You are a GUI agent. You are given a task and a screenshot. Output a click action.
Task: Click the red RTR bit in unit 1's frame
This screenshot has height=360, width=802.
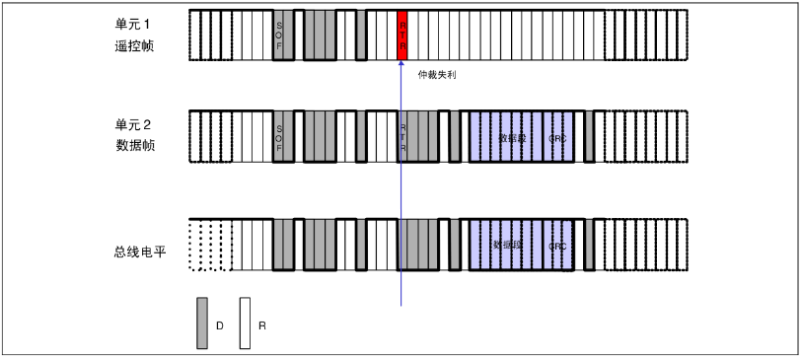402,36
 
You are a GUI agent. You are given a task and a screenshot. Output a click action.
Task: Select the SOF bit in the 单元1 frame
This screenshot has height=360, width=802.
280,36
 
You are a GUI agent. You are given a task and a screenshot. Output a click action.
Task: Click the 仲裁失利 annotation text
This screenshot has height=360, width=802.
438,74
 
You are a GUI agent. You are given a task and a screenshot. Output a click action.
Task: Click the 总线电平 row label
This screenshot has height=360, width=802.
139,252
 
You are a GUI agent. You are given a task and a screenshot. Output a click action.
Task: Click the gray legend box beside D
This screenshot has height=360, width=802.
202,324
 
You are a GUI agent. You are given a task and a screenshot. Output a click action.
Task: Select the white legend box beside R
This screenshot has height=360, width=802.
245,324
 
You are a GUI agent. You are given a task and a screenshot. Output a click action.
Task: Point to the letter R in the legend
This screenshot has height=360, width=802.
262,324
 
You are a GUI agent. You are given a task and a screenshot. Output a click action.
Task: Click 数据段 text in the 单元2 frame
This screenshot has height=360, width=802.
511,138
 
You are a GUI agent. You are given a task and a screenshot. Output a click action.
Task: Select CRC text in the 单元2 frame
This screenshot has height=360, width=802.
558,138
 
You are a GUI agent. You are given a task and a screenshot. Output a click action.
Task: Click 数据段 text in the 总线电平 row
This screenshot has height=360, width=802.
507,243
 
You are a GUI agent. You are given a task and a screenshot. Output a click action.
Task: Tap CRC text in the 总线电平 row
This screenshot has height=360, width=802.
558,245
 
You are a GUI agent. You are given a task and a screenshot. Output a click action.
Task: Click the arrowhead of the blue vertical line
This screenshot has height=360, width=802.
401,65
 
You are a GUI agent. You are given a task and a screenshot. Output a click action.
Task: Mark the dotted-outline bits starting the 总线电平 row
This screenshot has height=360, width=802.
210,244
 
